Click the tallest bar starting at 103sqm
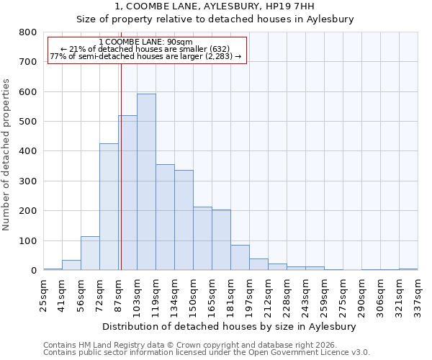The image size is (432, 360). coord(146,182)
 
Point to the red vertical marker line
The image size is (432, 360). coord(121,166)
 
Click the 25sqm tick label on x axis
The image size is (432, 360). coord(43,294)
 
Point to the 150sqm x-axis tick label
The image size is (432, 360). coord(193,294)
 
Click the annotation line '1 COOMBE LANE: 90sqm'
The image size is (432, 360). coord(146,42)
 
